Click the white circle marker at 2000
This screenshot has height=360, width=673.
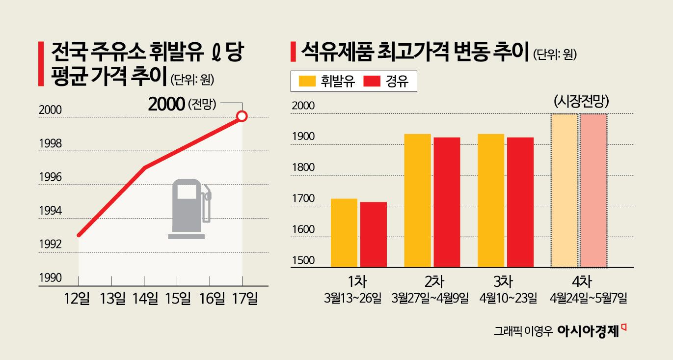click(x=242, y=116)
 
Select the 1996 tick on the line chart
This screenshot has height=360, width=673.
click(x=50, y=177)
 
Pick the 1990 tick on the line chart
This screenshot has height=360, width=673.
click(x=50, y=278)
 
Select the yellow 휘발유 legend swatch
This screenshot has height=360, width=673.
click(x=306, y=82)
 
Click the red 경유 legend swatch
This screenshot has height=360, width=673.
click(x=373, y=82)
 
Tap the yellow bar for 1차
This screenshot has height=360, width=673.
click(x=344, y=233)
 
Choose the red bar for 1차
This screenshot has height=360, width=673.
click(x=373, y=235)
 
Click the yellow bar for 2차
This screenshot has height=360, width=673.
click(x=417, y=200)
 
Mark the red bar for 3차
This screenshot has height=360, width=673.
click(x=520, y=202)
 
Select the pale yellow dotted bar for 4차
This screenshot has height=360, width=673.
click(x=564, y=191)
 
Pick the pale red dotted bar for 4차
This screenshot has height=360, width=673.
click(x=593, y=191)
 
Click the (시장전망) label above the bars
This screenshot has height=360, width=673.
click(x=581, y=102)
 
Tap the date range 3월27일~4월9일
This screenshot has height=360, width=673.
click(x=431, y=299)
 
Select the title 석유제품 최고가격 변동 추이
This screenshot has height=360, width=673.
click(x=415, y=51)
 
